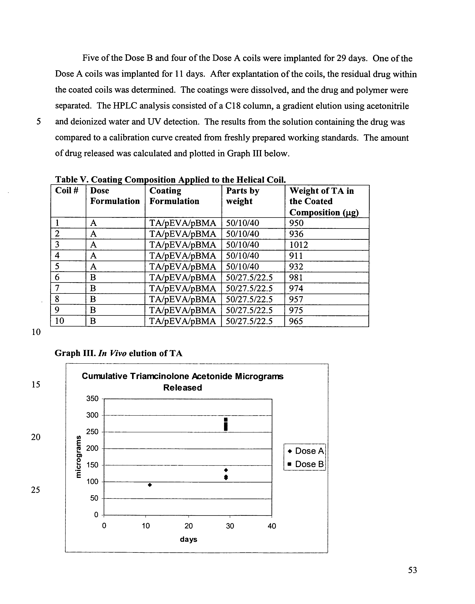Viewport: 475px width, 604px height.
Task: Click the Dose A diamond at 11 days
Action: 150,485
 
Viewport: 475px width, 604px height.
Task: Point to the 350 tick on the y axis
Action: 92,399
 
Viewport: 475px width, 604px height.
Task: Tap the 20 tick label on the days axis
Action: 188,526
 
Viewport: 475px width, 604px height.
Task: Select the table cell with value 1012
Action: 299,245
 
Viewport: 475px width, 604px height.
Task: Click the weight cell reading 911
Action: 296,256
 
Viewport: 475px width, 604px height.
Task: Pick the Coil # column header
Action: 67,191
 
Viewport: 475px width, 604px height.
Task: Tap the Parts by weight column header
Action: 243,196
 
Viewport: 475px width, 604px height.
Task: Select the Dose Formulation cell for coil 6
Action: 93,277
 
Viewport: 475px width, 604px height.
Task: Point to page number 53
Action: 412,570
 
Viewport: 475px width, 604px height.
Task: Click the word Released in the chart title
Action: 182,388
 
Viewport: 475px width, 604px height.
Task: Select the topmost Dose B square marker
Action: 226,419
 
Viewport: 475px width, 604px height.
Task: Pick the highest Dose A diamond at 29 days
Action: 226,470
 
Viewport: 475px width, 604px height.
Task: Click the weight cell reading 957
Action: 296,299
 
